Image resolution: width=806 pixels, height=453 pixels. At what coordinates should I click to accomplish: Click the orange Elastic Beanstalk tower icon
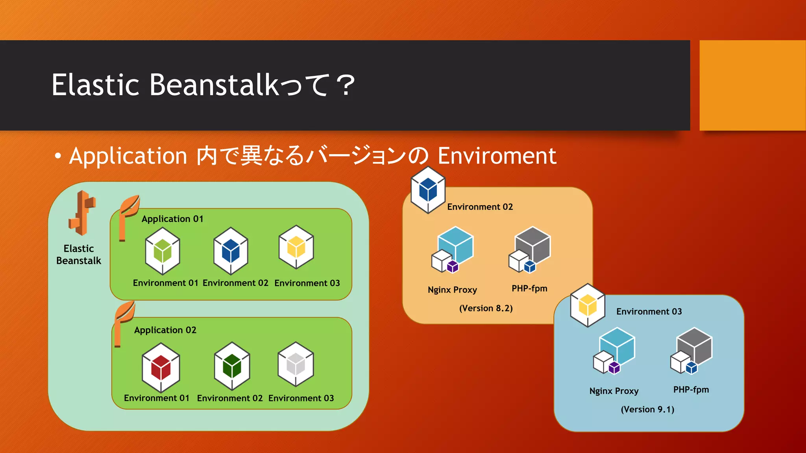click(x=82, y=213)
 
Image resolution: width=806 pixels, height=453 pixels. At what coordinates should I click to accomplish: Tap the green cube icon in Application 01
click(x=163, y=251)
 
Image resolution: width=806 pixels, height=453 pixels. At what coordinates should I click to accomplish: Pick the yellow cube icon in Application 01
click(x=296, y=247)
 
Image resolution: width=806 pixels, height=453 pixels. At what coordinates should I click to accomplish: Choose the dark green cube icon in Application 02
click(x=232, y=366)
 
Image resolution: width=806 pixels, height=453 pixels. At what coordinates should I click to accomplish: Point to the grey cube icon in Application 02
click(x=296, y=364)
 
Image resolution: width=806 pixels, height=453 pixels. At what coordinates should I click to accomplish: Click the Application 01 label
click(x=172, y=219)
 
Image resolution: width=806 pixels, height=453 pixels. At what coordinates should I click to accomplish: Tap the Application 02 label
click(x=165, y=330)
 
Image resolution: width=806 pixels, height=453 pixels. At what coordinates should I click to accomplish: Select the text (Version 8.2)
click(x=486, y=308)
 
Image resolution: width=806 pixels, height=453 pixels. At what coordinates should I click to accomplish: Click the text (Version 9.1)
click(x=647, y=410)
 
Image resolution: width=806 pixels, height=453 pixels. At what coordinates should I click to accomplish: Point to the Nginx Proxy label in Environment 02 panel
click(x=452, y=290)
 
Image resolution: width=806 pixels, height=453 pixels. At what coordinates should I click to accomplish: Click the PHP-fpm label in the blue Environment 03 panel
click(x=691, y=390)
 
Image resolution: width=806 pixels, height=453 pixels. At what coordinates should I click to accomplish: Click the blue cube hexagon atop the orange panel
click(x=428, y=190)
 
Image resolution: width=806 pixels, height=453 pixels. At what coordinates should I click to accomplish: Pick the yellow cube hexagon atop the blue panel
click(x=588, y=306)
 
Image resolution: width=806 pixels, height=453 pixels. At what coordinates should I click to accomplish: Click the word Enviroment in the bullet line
click(x=497, y=156)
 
